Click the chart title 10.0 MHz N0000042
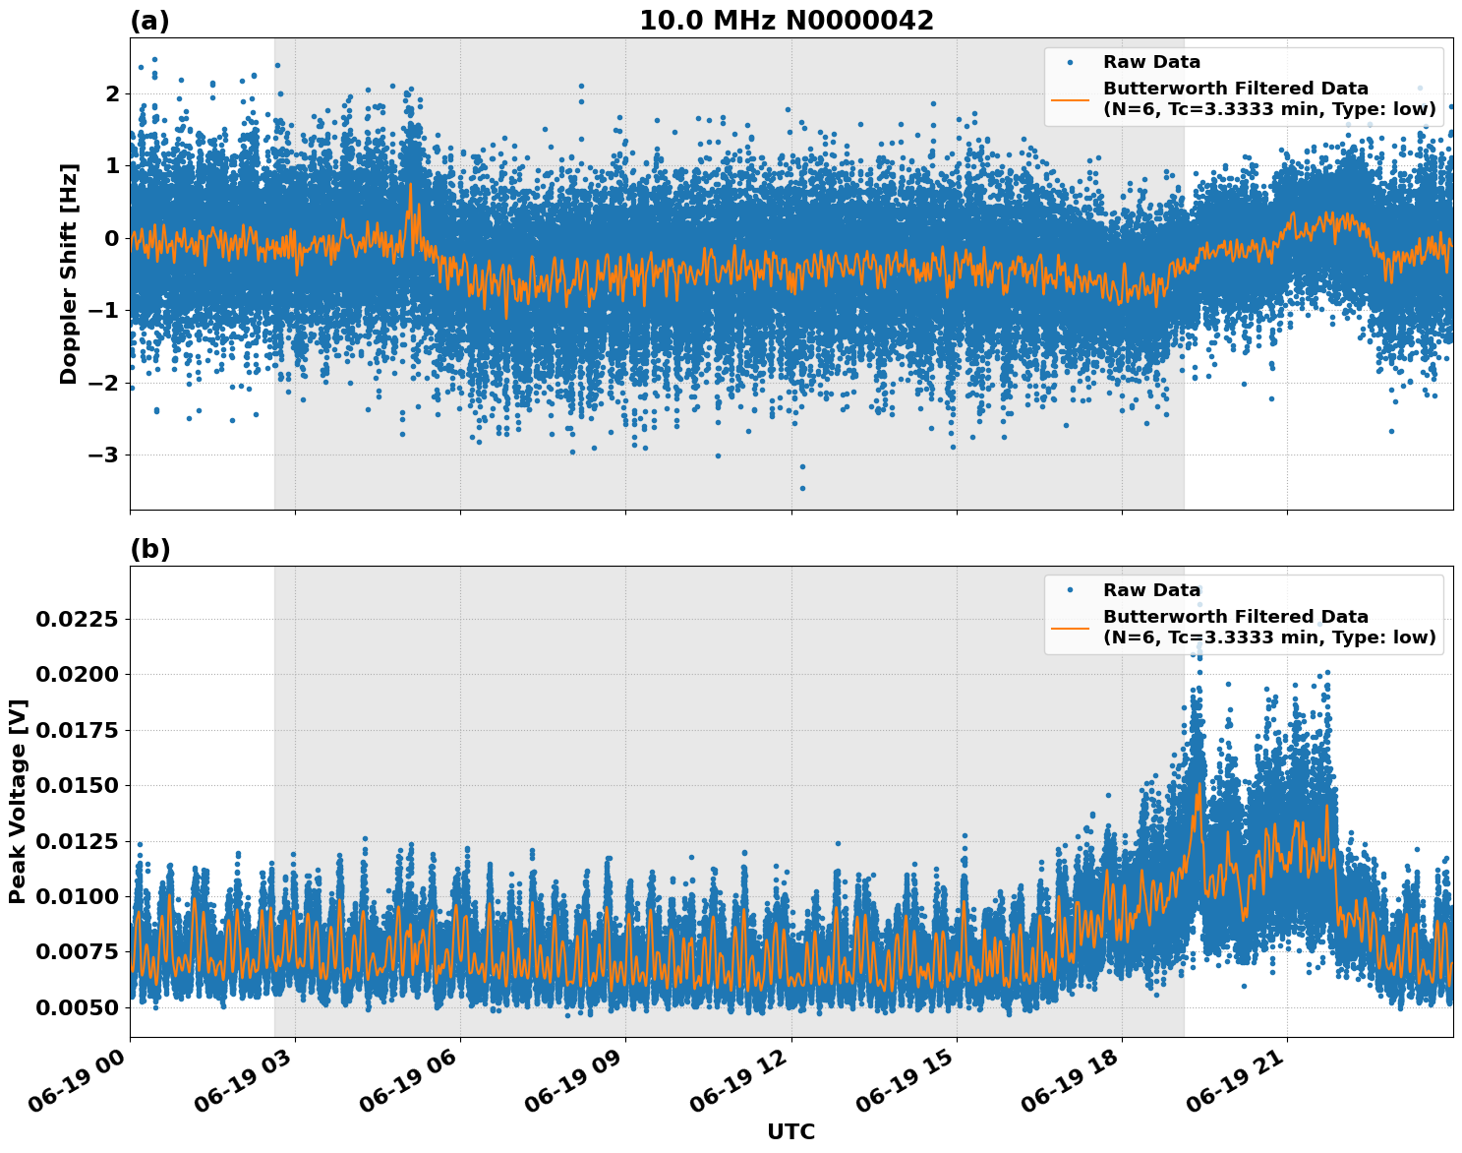[x=786, y=21]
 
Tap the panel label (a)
[x=149, y=21]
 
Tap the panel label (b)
[x=149, y=549]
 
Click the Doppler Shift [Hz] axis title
[x=69, y=273]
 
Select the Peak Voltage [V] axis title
[x=17, y=801]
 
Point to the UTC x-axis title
[x=790, y=1131]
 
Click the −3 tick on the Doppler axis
[x=103, y=455]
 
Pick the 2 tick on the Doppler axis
[x=112, y=93]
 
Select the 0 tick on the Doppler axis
[x=112, y=238]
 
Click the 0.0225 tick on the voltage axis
[x=77, y=619]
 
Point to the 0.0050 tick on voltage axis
[x=77, y=1007]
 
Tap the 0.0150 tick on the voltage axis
[x=77, y=785]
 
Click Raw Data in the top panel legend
[x=1151, y=62]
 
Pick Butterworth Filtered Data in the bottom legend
[x=1235, y=616]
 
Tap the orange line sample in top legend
[x=1070, y=99]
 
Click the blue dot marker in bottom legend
[x=1070, y=590]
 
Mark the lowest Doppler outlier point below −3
[x=802, y=488]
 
